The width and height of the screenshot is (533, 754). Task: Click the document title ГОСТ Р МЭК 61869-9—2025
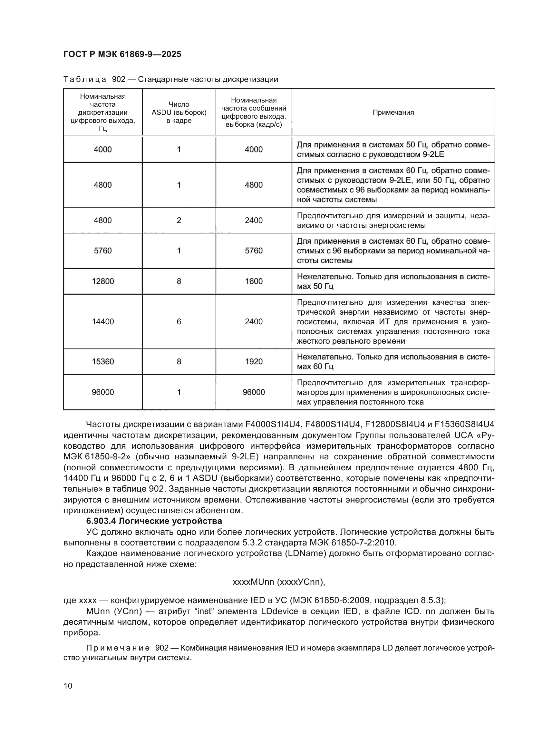click(x=122, y=54)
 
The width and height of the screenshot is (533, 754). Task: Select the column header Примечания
click(x=393, y=113)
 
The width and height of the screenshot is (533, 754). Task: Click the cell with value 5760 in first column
click(x=103, y=251)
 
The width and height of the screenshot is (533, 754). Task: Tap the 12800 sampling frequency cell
click(x=103, y=281)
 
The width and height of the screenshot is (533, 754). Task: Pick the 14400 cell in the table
click(x=103, y=322)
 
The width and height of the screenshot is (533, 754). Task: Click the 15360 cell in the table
click(x=103, y=362)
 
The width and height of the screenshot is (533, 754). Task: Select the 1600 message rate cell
click(x=254, y=281)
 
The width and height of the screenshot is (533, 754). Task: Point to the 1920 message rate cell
click(x=254, y=362)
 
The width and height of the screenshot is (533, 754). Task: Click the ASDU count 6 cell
click(x=179, y=322)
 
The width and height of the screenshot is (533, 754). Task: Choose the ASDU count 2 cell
click(x=179, y=220)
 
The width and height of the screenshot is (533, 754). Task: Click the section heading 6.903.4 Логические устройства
click(x=154, y=521)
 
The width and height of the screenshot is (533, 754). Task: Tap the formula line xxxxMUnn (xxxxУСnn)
click(x=279, y=582)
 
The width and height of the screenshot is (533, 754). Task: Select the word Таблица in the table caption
click(x=85, y=80)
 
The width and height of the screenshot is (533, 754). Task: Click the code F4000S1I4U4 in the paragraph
click(x=273, y=425)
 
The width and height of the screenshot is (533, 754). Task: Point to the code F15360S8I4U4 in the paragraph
click(x=464, y=425)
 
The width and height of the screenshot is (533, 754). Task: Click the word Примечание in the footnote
click(x=118, y=648)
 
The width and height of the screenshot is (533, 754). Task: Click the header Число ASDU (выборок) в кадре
click(x=179, y=113)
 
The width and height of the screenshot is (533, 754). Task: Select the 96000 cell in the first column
click(x=103, y=392)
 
